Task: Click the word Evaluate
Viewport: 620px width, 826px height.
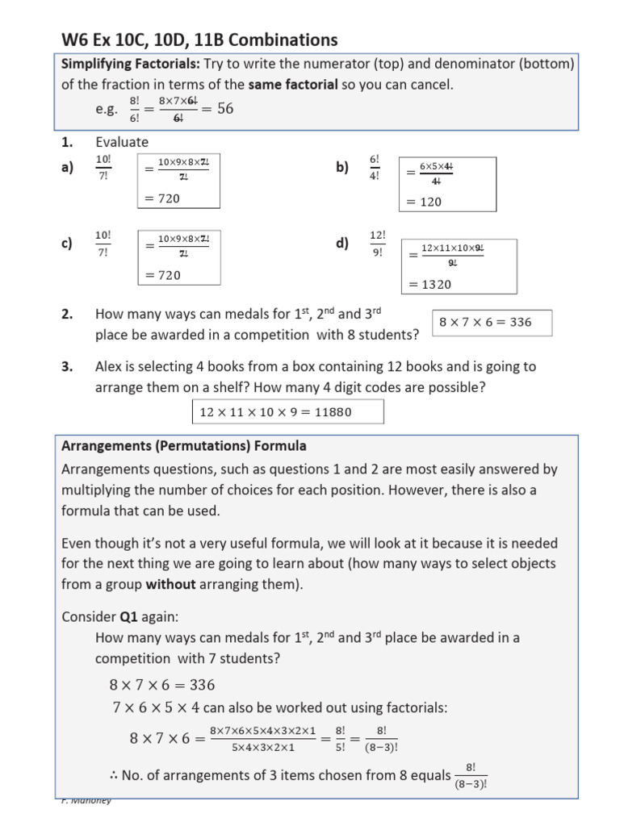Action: (x=122, y=142)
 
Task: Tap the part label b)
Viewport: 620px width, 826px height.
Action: (x=342, y=167)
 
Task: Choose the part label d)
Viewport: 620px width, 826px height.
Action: (x=342, y=244)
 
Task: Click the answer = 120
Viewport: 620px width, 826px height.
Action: (x=425, y=202)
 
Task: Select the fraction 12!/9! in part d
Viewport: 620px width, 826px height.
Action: (x=378, y=243)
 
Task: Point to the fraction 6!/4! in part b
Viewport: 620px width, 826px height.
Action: (x=374, y=167)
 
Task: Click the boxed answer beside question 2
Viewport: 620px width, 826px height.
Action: (x=492, y=322)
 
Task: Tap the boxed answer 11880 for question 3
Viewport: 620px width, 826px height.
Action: (x=287, y=412)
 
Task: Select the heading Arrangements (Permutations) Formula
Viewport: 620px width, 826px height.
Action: (x=184, y=445)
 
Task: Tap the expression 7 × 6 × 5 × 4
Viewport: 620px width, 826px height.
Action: (x=154, y=707)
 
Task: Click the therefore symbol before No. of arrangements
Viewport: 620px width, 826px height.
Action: (x=113, y=775)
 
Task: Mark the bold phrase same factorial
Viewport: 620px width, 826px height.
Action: (x=292, y=84)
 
